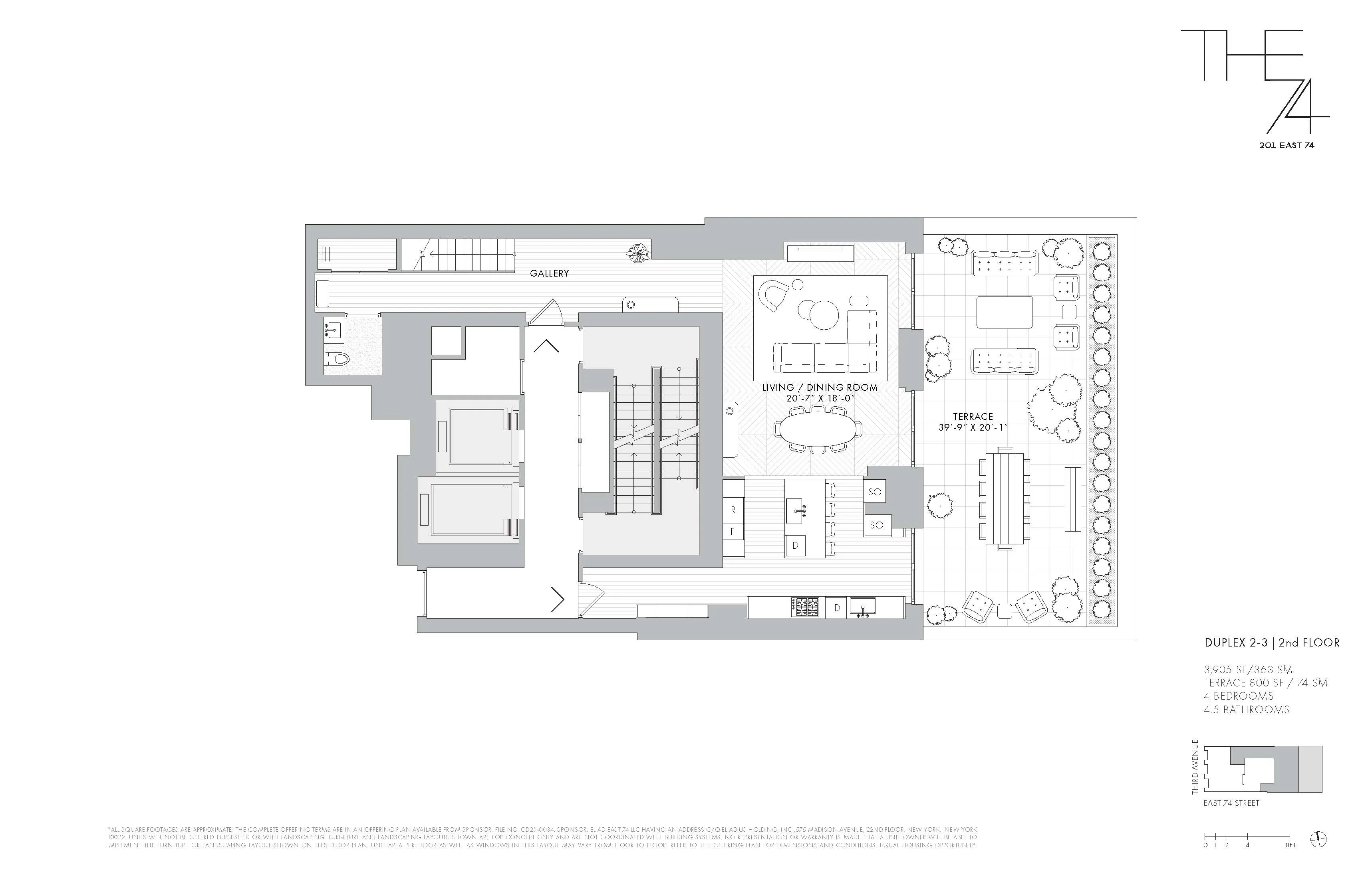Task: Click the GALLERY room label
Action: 549,273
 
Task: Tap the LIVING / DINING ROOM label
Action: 819,387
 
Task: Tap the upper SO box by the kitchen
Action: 875,491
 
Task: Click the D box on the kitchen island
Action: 795,546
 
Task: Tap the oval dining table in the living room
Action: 817,429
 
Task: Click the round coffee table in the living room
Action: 823,315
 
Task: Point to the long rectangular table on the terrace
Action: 1005,497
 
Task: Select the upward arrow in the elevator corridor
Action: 546,346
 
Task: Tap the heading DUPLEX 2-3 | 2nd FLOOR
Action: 1272,643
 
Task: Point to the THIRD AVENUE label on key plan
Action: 1195,767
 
